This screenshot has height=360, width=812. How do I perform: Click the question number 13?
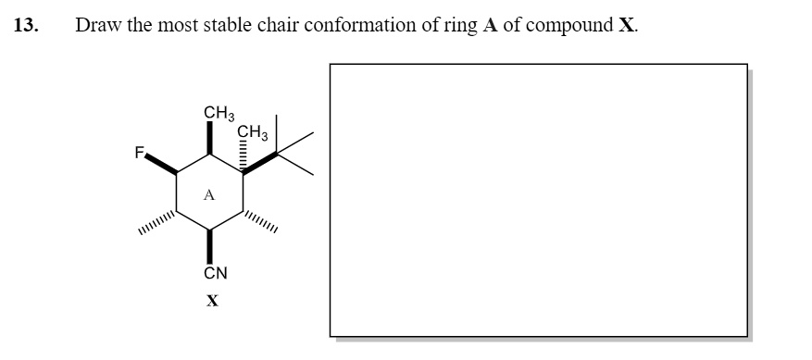pyautogui.click(x=26, y=25)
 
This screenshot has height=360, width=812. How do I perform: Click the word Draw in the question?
pyautogui.click(x=96, y=25)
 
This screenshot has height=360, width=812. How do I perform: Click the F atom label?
pyautogui.click(x=141, y=155)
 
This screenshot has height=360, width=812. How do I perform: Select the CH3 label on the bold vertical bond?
pyautogui.click(x=219, y=114)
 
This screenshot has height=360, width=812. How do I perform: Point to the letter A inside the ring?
pyautogui.click(x=209, y=195)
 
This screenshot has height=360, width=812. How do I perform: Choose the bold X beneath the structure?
pyautogui.click(x=213, y=300)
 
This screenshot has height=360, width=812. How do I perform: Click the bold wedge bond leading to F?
pyautogui.click(x=162, y=164)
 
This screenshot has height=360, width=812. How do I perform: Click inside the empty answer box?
pyautogui.click(x=538, y=201)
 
